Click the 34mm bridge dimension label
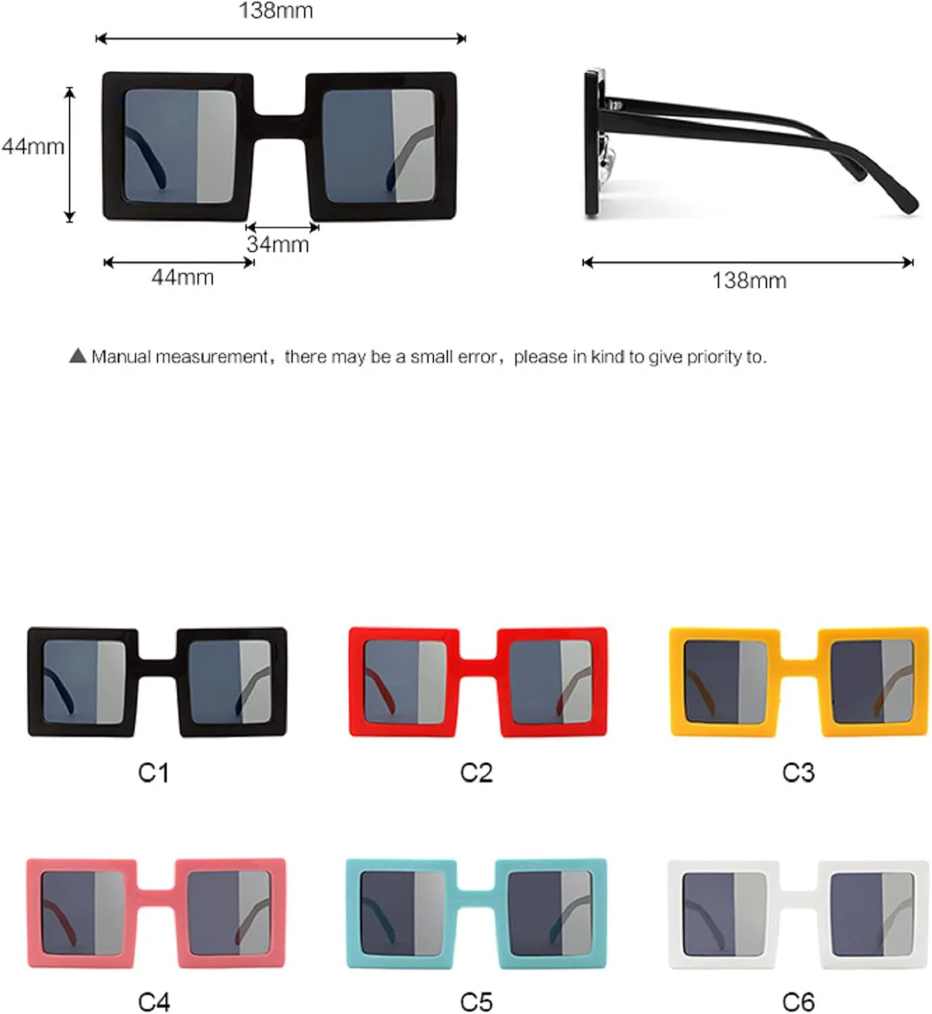click(x=278, y=245)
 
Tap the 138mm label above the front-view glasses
click(x=276, y=11)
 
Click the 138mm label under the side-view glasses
click(x=749, y=281)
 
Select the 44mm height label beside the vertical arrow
click(x=32, y=146)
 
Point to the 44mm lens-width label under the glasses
click(x=182, y=277)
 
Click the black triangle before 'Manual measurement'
click(x=78, y=356)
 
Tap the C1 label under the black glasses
click(x=153, y=773)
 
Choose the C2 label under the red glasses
click(x=476, y=773)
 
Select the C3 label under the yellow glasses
click(x=798, y=773)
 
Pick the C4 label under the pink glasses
click(x=153, y=1001)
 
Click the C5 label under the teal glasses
click(x=476, y=1001)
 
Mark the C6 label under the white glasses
click(x=798, y=1001)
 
